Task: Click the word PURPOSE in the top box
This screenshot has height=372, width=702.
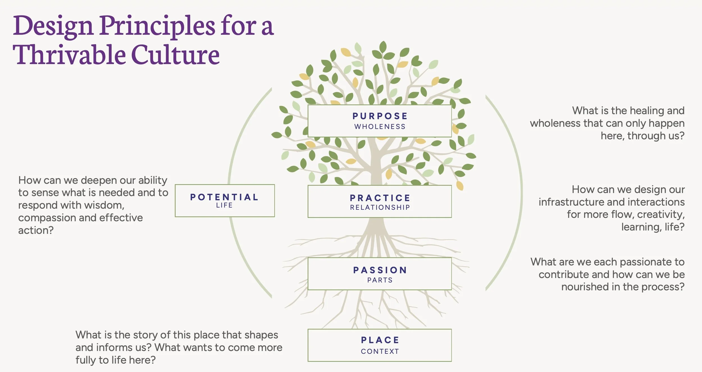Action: (x=380, y=116)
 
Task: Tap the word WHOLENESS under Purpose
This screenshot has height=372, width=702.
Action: (x=380, y=127)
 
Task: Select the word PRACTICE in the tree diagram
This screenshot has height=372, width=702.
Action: (x=380, y=198)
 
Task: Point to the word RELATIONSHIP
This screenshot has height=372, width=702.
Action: (x=380, y=207)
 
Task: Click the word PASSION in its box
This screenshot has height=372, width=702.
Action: (x=380, y=270)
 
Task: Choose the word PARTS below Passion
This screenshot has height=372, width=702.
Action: (x=380, y=280)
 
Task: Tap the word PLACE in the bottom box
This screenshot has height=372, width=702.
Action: (x=380, y=340)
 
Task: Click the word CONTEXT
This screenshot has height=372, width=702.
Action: (x=380, y=352)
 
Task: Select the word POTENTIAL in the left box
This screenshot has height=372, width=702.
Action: (x=224, y=197)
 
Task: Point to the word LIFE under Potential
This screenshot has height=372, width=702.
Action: (x=224, y=206)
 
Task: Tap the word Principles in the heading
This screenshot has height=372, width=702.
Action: (x=157, y=26)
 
